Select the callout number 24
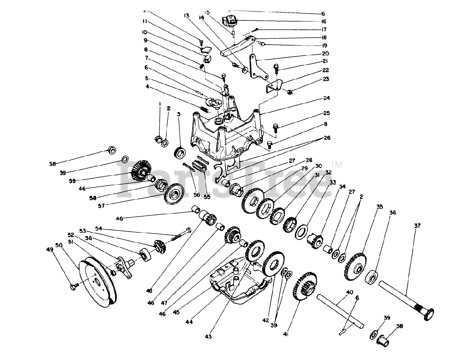click(327, 98)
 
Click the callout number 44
click(189, 322)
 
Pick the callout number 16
click(324, 22)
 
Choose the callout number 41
click(286, 334)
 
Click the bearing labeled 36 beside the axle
click(373, 276)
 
